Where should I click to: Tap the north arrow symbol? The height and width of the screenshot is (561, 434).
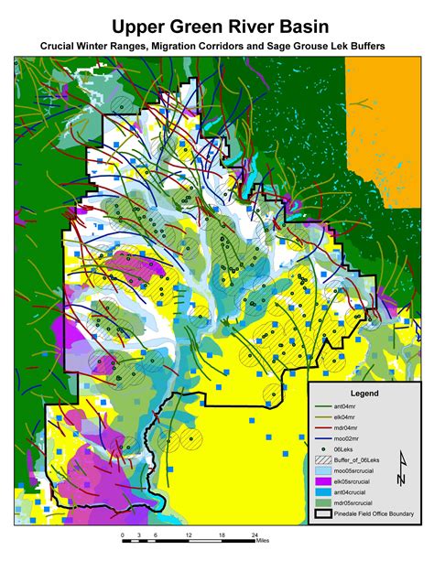point(400,475)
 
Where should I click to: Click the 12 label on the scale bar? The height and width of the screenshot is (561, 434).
point(189,534)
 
